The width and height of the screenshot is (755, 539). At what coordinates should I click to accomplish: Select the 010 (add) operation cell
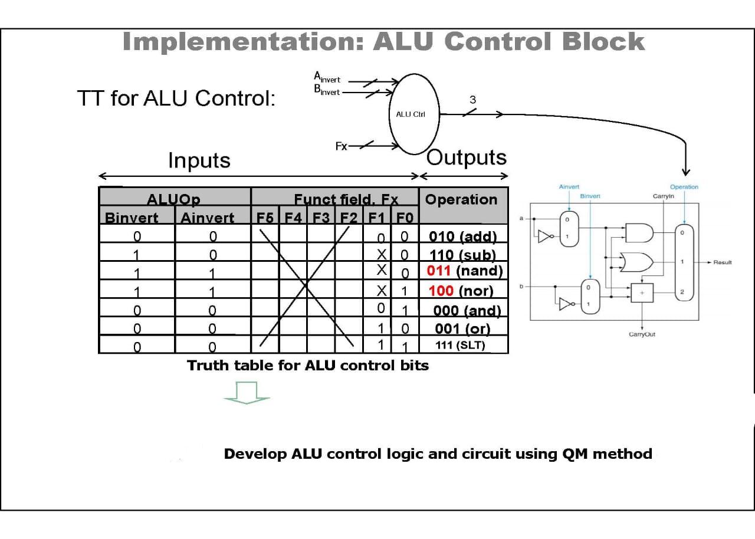(463, 236)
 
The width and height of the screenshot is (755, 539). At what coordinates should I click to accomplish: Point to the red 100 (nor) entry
(461, 291)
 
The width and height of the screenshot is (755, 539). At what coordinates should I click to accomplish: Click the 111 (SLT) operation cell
(460, 346)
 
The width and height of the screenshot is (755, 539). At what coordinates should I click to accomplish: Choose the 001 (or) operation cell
(462, 328)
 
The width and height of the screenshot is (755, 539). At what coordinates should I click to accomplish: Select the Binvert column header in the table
(132, 218)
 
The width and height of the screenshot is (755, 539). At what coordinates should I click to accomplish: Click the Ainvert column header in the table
(208, 218)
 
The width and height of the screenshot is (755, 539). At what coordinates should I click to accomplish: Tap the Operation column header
(461, 199)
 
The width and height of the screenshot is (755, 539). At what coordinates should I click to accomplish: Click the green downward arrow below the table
(247, 393)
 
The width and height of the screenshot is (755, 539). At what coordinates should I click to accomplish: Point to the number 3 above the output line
(472, 100)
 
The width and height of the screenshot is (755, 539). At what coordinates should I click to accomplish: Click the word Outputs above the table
(466, 157)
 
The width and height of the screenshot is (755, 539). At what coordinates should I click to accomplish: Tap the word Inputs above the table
(199, 160)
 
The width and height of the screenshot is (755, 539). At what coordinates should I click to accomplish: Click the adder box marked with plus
(642, 292)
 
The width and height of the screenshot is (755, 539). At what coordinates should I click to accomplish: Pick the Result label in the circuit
(722, 262)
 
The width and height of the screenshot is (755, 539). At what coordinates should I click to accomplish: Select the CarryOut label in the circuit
(642, 334)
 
